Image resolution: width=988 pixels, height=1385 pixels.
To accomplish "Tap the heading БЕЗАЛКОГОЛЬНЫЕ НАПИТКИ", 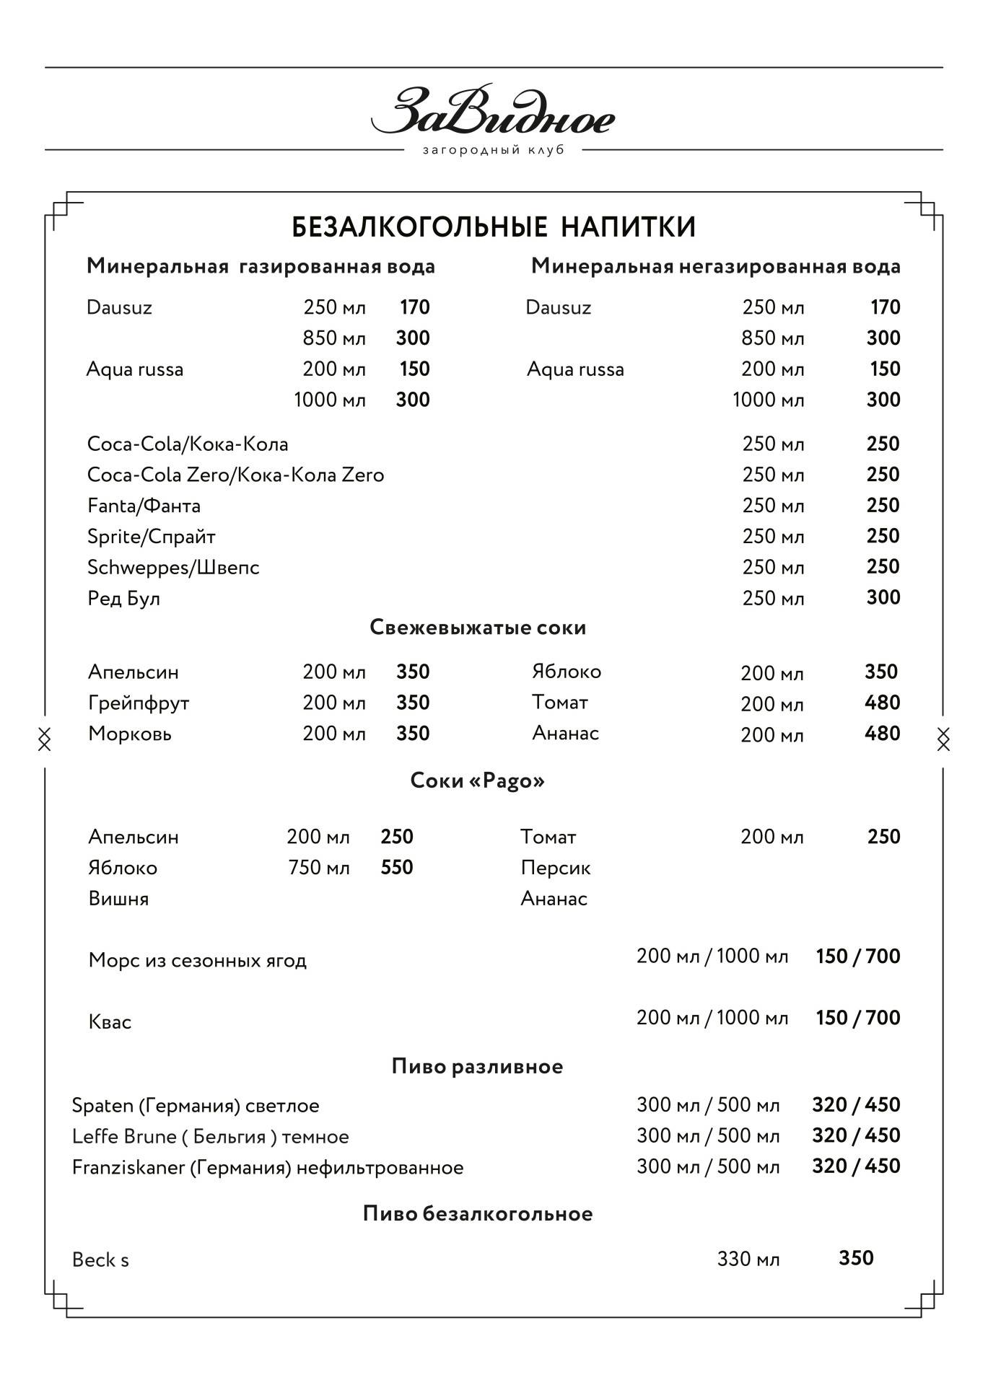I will coord(494,227).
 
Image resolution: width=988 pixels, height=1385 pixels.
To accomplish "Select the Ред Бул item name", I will coord(123,598).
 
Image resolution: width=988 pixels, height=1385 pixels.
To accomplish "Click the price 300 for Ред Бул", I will coord(883,597).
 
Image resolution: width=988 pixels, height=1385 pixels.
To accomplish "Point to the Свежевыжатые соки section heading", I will coord(478,628).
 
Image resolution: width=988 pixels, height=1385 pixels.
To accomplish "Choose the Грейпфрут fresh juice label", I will coord(139,703).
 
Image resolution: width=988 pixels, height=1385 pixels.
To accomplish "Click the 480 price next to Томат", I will coord(882,703).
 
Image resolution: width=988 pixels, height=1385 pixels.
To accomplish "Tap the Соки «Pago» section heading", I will coord(477,781).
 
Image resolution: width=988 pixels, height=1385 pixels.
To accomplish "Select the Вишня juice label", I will coord(118,899).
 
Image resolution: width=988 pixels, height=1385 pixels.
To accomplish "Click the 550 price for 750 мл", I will coord(397,867).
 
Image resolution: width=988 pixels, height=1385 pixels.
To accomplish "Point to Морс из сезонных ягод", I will coord(197,960).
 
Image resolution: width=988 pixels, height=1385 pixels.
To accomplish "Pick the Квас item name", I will coord(110,1022).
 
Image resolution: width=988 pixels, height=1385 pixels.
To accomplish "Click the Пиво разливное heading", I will coord(477,1066).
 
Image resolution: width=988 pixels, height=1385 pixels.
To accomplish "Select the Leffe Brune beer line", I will coord(210,1137).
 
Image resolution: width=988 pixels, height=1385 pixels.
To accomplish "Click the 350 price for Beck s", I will coord(856,1258).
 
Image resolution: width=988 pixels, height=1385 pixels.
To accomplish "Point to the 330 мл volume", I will coord(748,1259).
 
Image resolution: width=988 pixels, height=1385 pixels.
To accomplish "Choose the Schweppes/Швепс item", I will coord(173,568).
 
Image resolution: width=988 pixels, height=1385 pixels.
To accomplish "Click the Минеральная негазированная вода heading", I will coord(715,267).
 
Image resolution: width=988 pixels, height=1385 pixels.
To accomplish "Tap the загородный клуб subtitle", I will coord(493,151).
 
